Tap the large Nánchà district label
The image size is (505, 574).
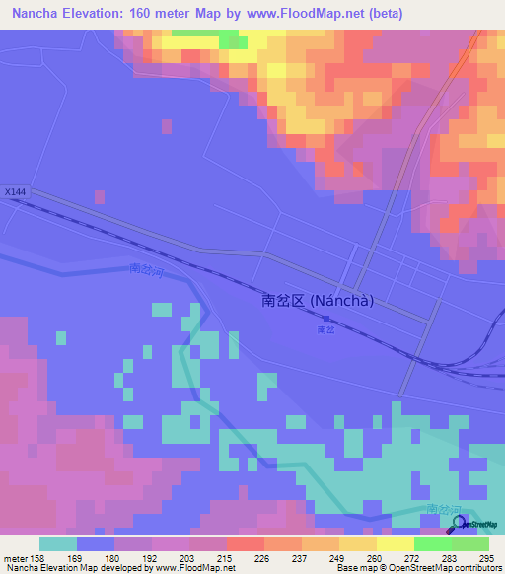point(318,302)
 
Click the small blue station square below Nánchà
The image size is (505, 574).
point(326,318)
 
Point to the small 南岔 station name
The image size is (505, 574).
point(326,330)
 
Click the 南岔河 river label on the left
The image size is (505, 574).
point(145,269)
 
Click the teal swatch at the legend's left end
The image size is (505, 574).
point(58,543)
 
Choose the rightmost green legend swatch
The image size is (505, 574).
point(470,543)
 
